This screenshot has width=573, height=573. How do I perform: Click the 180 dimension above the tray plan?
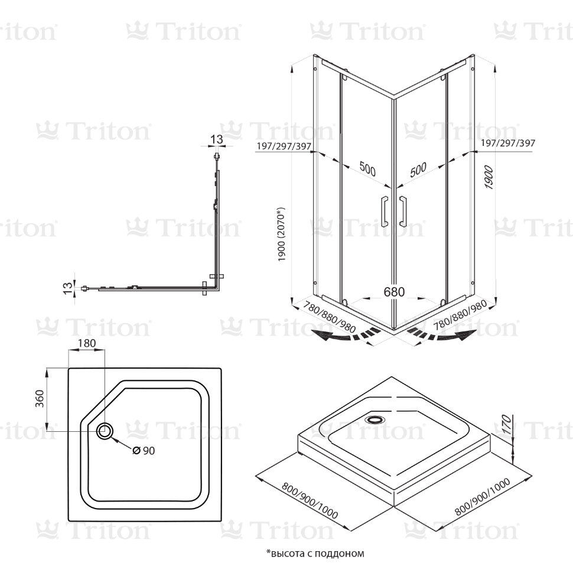point(86,343)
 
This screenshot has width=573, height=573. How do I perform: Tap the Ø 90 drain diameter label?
point(144,451)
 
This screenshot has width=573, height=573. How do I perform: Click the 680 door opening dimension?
point(394,292)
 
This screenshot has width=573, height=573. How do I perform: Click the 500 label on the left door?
point(367,170)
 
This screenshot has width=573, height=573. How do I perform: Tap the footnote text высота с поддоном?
point(315,554)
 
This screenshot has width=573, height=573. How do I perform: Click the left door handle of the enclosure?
point(384,211)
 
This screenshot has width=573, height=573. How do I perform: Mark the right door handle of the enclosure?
point(404,211)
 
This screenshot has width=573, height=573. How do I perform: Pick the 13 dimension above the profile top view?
point(217,139)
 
